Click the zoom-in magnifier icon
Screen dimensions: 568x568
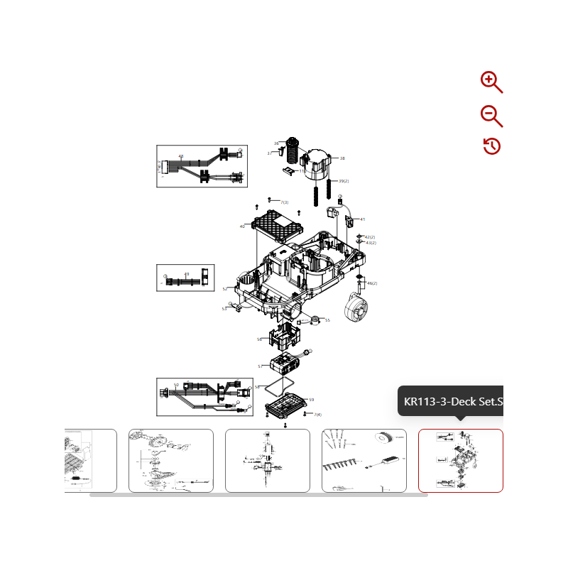pos(491,82)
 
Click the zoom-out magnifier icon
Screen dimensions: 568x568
pos(491,115)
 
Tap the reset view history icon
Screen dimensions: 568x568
pos(491,146)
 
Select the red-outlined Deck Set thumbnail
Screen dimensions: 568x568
pos(460,460)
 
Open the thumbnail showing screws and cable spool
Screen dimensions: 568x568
pos(364,460)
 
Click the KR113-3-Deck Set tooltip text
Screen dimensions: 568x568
pos(453,402)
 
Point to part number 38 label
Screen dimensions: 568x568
pos(342,158)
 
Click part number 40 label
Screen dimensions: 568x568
pos(242,226)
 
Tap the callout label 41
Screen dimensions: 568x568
pos(362,219)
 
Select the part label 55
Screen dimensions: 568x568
pos(327,320)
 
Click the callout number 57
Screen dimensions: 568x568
pos(261,366)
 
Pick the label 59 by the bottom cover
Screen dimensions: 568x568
pos(311,400)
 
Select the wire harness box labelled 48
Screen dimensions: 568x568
pos(202,166)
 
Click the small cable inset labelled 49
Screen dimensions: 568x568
pos(185,278)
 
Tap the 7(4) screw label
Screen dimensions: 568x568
pos(317,415)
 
